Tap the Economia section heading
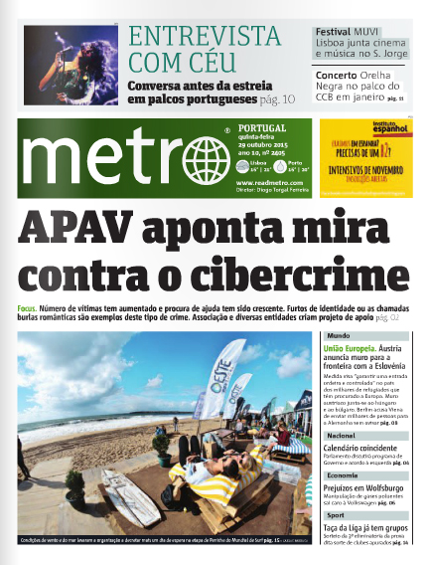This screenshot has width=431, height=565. [343, 475]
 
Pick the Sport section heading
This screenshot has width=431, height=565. [337, 516]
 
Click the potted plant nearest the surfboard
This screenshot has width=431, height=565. [74, 487]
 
